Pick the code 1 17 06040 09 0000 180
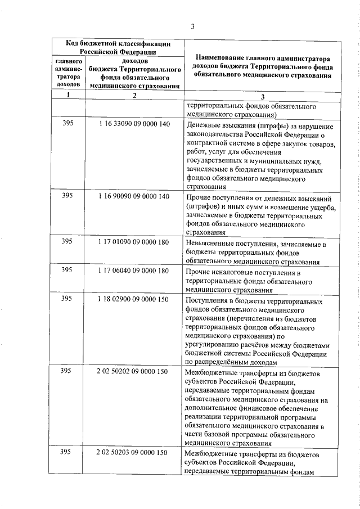[x=133, y=271]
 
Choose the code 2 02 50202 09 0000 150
[x=133, y=372]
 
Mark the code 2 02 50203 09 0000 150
[x=133, y=453]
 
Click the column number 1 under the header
[x=68, y=95]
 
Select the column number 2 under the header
[x=134, y=95]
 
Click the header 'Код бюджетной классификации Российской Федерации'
[x=118, y=47]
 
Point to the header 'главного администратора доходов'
[x=69, y=72]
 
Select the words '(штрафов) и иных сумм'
[x=223, y=208]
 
